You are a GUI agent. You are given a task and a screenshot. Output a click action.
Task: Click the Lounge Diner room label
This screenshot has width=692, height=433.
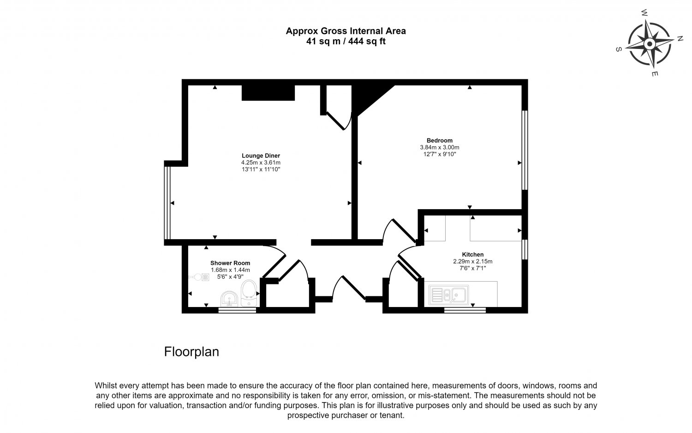click(261, 156)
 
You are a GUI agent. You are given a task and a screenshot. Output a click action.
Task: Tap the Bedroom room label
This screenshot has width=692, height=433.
click(439, 140)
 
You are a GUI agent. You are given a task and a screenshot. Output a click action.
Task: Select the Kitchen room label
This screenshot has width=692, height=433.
click(473, 254)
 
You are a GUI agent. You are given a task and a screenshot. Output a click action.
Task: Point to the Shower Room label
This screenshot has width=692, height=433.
click(230, 263)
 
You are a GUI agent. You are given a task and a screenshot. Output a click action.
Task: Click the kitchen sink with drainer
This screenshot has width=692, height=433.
click(448, 295)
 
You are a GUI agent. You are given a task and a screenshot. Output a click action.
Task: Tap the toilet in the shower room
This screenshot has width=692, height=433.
click(249, 293)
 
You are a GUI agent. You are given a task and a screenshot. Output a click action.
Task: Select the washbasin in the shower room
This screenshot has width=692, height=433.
click(229, 299)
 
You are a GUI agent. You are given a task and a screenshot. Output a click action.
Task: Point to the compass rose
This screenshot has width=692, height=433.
click(649, 43)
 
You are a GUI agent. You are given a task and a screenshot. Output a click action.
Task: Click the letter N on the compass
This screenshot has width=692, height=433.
click(680, 39)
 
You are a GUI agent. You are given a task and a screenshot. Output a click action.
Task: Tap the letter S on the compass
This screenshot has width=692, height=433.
click(619, 49)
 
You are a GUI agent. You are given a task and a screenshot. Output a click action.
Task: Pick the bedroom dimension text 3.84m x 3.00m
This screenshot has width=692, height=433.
click(439, 147)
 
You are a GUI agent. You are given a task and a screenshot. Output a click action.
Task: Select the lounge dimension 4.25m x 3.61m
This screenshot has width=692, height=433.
click(261, 162)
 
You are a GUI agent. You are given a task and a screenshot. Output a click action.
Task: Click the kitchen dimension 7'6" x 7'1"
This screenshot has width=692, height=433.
click(473, 268)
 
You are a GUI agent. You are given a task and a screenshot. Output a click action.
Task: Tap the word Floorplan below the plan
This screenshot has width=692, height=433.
click(191, 352)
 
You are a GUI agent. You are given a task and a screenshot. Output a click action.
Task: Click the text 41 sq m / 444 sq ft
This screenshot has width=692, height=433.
click(346, 41)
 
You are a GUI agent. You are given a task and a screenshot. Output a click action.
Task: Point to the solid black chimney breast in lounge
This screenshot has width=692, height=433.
click(268, 93)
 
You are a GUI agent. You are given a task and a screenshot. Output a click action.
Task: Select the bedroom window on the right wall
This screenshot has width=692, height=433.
click(525, 150)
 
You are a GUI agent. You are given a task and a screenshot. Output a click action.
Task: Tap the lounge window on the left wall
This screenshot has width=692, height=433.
click(167, 203)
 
